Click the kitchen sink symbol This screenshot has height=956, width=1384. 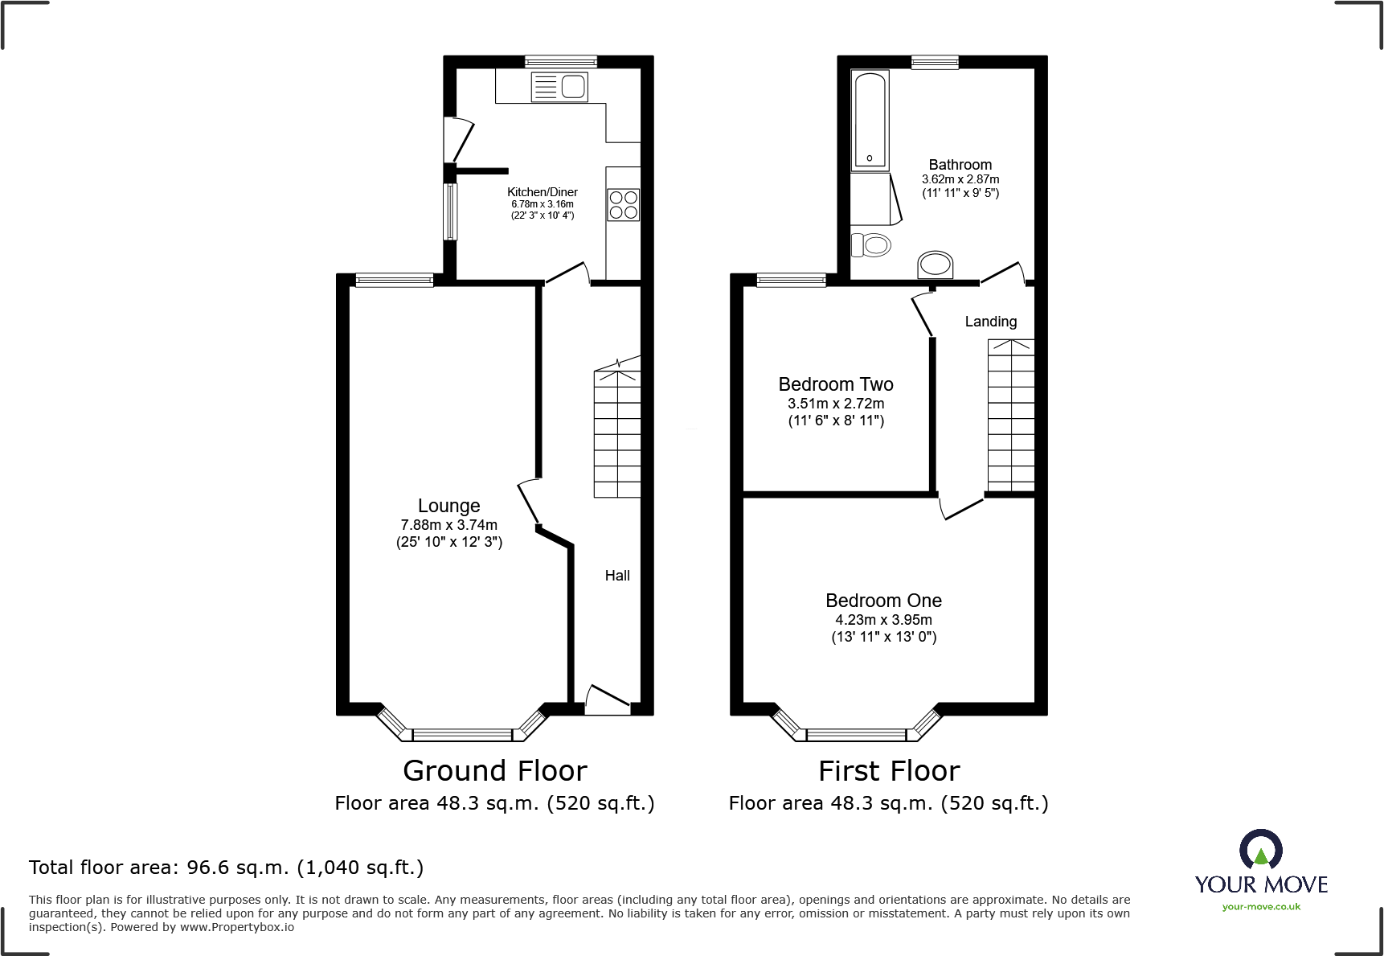click(x=559, y=87)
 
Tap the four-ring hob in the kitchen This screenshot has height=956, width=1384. click(x=623, y=204)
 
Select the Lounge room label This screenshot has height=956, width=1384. click(x=448, y=506)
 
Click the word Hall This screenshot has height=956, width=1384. click(x=617, y=576)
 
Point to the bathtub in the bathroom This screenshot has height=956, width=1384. click(x=870, y=121)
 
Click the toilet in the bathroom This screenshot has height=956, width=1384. click(x=871, y=244)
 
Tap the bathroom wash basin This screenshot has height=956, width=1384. click(x=935, y=265)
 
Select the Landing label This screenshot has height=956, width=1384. click(x=990, y=322)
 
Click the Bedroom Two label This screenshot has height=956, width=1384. click(x=835, y=384)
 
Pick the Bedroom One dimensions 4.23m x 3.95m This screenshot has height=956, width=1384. click(x=883, y=620)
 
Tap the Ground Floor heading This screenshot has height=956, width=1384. click(x=494, y=771)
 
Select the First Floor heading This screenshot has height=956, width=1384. click(x=888, y=771)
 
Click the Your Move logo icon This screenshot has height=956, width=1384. click(x=1260, y=849)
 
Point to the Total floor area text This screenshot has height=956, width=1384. click(x=226, y=868)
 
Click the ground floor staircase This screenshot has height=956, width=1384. click(x=617, y=434)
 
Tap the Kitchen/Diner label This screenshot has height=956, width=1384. click(x=542, y=192)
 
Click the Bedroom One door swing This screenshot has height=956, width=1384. click(x=961, y=508)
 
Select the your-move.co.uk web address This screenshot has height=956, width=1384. click(x=1260, y=907)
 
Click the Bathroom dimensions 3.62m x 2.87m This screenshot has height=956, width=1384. click(x=960, y=179)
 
